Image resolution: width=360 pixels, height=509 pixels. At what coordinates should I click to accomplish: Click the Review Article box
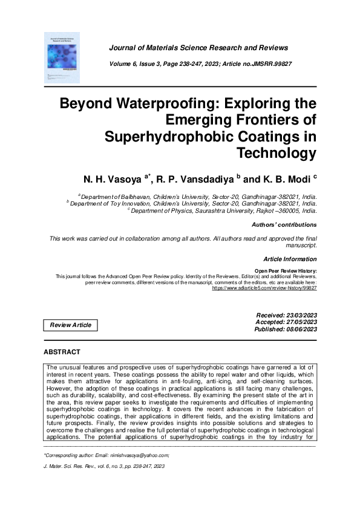71,325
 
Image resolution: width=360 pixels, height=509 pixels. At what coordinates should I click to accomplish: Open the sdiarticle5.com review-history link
264,289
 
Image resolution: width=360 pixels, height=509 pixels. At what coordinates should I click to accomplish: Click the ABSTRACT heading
62,351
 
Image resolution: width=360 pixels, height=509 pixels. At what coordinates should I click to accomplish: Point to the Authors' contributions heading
284,225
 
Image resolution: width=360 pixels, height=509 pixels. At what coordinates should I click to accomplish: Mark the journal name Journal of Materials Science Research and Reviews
198,48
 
